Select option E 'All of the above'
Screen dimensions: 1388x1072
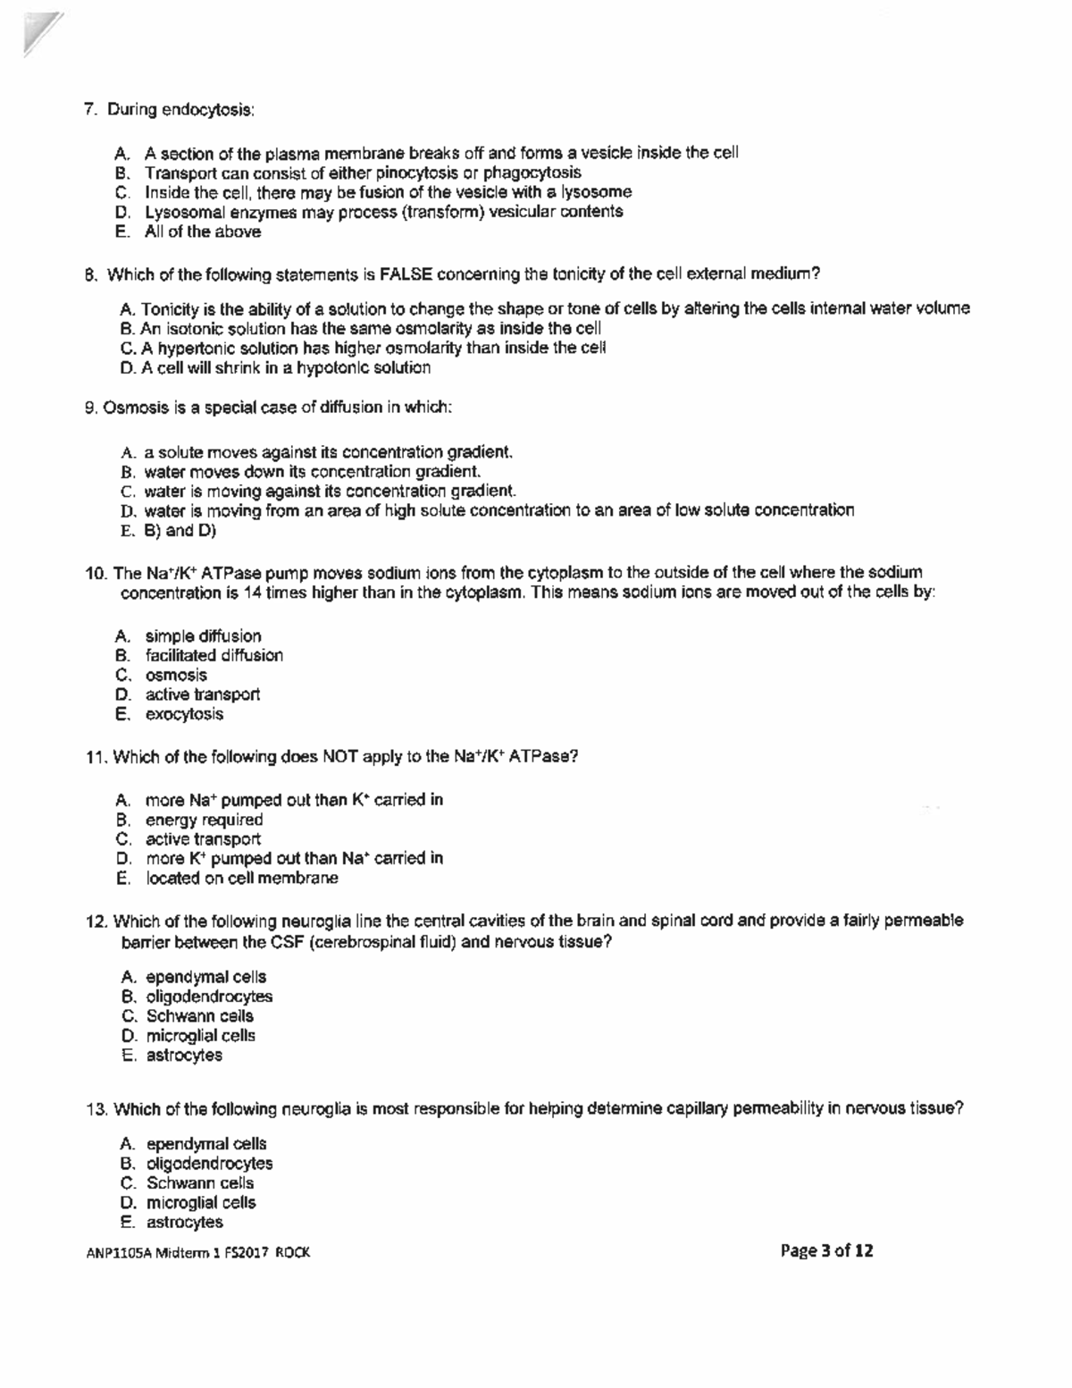(203, 231)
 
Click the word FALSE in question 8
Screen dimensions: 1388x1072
(406, 273)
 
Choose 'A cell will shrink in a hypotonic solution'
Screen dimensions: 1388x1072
(285, 367)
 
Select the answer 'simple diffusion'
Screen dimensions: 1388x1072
(203, 636)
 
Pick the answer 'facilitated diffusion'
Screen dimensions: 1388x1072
(214, 655)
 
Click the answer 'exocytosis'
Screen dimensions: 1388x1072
(184, 714)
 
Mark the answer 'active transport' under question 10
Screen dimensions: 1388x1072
(202, 694)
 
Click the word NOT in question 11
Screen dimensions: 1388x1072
(339, 757)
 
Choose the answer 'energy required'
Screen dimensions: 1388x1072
(204, 820)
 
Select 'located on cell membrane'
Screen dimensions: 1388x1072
(241, 878)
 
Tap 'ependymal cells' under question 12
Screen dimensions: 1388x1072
(205, 977)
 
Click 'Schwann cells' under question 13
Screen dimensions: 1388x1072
(200, 1182)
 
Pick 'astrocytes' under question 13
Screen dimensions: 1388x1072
(184, 1222)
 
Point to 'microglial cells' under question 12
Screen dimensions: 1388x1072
(200, 1036)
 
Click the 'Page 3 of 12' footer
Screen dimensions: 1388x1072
(826, 1250)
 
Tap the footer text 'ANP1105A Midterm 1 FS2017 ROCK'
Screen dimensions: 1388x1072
(198, 1252)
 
